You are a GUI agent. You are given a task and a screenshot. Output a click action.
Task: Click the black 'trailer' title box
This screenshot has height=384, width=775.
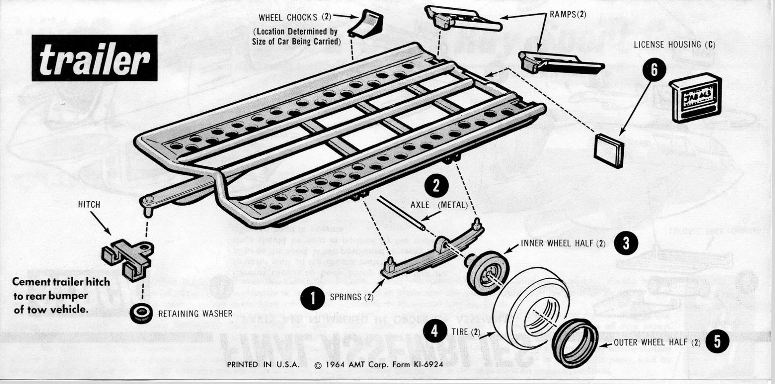94,58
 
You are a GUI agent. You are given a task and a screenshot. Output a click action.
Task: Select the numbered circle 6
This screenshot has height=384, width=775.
654,70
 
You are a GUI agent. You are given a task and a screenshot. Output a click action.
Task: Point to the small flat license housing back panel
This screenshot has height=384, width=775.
609,150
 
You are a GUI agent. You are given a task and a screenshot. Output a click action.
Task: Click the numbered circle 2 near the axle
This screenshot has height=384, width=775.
436,186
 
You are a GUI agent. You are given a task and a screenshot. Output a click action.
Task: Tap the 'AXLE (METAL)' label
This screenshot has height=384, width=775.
439,205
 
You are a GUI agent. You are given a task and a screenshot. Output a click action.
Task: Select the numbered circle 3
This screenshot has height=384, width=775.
626,243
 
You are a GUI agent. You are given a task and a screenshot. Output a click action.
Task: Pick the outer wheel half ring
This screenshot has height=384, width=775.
575,342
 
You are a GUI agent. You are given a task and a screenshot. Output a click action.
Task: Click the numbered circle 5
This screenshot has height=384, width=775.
717,342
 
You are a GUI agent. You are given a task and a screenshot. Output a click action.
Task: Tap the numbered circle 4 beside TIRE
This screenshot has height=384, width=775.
434,332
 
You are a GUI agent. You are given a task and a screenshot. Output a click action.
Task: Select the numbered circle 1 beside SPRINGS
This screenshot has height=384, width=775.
313,298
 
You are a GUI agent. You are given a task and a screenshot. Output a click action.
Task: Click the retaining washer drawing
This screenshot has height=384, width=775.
141,313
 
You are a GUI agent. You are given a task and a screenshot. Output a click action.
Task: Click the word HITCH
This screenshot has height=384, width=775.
89,205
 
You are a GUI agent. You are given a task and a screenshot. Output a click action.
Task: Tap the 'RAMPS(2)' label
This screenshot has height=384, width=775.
568,15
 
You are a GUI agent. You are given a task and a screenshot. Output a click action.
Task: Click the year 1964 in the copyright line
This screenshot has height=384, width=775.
333,365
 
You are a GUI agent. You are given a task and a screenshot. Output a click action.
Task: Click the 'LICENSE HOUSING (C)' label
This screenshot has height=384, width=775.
674,45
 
